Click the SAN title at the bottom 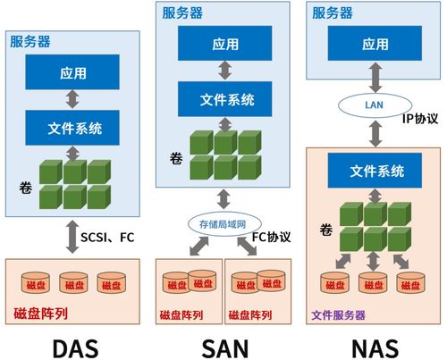pos(224,343)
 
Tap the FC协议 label pos(274,237)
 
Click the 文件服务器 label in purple pos(339,314)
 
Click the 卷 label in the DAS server pos(24,188)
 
